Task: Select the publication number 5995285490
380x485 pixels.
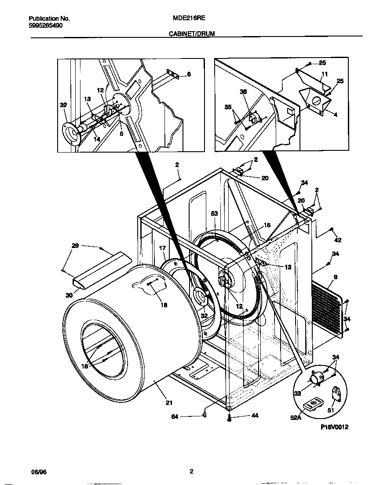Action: point(45,26)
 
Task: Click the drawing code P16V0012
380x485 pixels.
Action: point(334,427)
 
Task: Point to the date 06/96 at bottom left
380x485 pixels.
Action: point(38,472)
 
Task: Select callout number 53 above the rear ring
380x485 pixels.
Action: point(214,214)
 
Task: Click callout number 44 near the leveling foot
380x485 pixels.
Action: point(242,416)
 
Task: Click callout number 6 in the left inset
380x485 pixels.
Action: point(189,74)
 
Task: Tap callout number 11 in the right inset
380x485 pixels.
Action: point(325,74)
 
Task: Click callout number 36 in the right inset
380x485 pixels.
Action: point(243,91)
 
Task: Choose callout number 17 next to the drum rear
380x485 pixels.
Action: point(163,248)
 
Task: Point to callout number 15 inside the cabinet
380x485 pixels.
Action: point(267,226)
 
